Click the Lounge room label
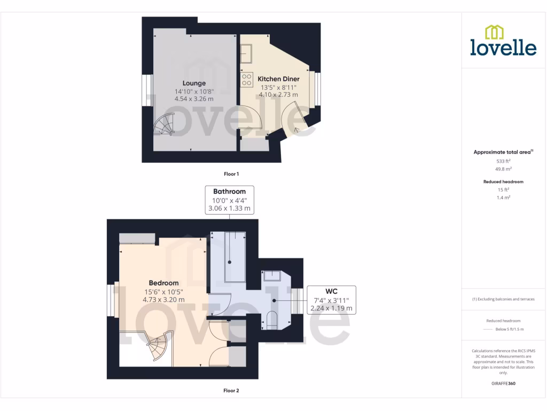(194, 83)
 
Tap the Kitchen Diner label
(278, 79)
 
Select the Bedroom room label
(163, 283)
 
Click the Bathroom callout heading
(229, 192)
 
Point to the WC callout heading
(331, 292)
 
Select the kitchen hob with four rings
(247, 80)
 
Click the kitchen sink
(247, 54)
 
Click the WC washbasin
(272, 276)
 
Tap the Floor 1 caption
(231, 174)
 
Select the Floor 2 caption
(231, 391)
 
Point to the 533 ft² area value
(504, 161)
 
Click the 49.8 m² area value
(504, 169)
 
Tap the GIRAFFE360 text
(504, 384)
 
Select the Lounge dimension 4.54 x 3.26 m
(194, 99)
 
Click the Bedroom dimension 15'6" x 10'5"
(163, 292)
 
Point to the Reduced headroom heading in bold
(504, 182)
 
